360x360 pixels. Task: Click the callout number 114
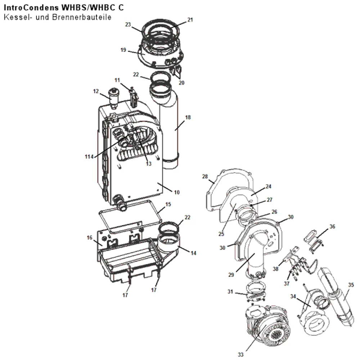click(x=89, y=157)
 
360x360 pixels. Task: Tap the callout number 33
click(x=240, y=355)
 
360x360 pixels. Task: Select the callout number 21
click(x=190, y=20)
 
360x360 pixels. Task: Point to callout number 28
click(x=205, y=176)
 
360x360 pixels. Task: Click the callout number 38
click(x=275, y=269)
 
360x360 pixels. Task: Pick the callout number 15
click(x=168, y=204)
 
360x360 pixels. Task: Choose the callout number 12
click(x=96, y=91)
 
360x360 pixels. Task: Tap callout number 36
click(x=332, y=226)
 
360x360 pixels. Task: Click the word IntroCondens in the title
click(x=31, y=8)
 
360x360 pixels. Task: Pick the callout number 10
click(x=176, y=192)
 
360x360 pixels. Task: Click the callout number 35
click(x=351, y=285)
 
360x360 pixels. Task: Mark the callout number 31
click(x=230, y=292)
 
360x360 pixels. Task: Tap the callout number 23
click(x=128, y=24)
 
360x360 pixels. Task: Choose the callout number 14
click(x=193, y=253)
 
